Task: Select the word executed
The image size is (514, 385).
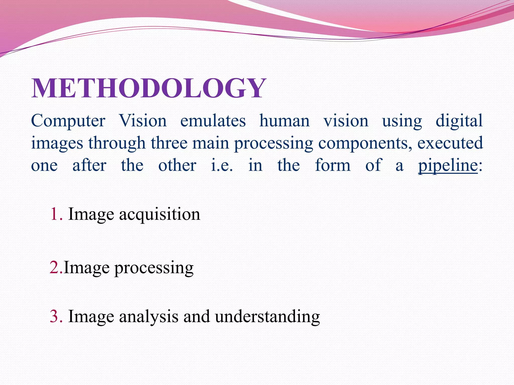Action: (450, 143)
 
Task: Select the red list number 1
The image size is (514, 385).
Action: (56, 215)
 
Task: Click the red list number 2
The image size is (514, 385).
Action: (56, 268)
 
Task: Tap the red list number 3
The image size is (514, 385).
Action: (56, 317)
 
